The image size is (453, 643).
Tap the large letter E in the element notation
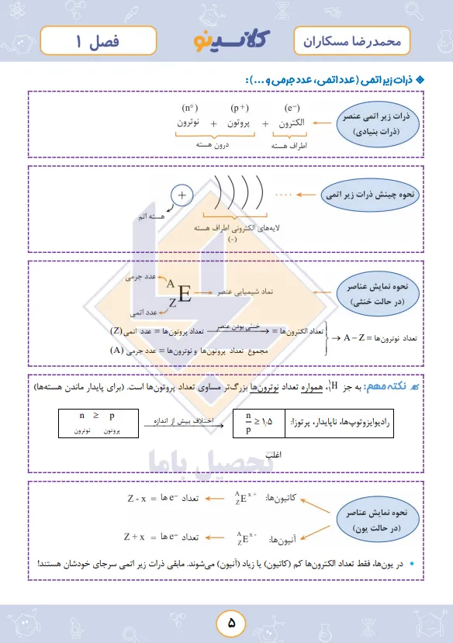185,293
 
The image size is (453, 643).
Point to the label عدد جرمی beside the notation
141,275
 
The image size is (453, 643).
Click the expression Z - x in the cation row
140,497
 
